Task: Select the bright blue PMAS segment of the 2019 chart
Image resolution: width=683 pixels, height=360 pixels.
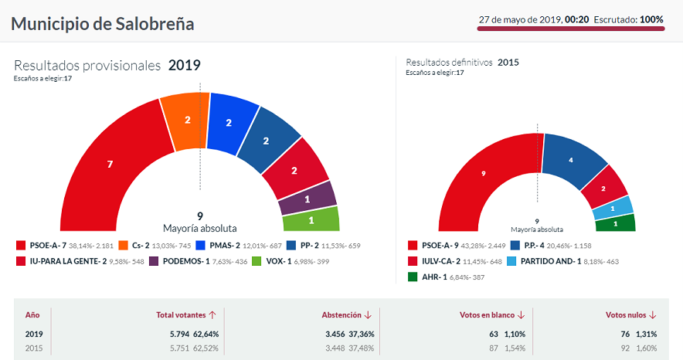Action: (x=229, y=123)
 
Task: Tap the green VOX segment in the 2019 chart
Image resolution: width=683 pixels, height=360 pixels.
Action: (x=310, y=220)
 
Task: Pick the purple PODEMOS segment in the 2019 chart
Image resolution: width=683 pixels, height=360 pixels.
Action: (x=307, y=199)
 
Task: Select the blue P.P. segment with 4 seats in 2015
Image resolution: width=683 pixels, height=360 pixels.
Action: (x=571, y=160)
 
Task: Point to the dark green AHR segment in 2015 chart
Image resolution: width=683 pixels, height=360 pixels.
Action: (x=615, y=223)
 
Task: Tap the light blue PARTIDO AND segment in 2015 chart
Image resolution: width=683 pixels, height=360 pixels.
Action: (x=612, y=207)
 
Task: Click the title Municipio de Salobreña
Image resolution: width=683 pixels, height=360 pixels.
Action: (x=102, y=23)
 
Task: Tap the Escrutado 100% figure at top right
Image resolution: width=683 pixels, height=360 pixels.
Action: (x=651, y=19)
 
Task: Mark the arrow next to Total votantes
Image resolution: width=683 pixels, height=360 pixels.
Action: (x=212, y=315)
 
